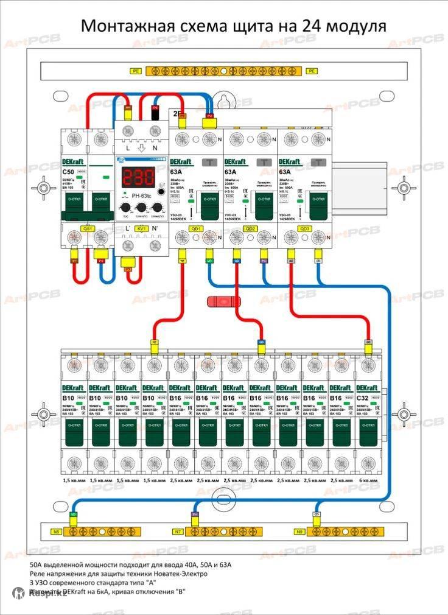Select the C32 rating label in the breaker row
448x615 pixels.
tap(363, 398)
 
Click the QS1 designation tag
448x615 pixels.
tap(88, 228)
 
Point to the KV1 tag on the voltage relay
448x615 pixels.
tap(142, 228)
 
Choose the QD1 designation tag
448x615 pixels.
tap(196, 228)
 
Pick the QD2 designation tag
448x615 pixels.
tap(250, 228)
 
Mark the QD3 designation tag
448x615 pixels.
tap(304, 228)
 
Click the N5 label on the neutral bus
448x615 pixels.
tap(56, 532)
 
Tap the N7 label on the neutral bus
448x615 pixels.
tap(178, 532)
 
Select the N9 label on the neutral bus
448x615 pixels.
tap(299, 532)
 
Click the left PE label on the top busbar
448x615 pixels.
tap(135, 71)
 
